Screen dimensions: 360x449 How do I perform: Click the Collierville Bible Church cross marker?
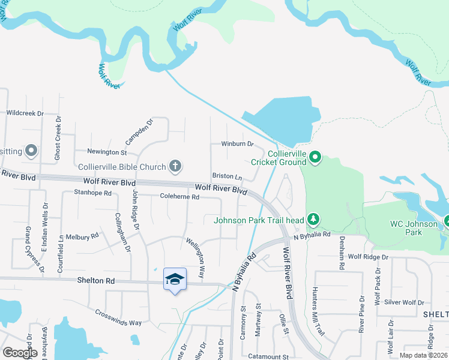(x=175, y=166)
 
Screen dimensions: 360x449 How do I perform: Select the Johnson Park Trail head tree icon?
(x=312, y=220)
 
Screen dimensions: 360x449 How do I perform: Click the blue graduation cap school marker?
(x=175, y=280)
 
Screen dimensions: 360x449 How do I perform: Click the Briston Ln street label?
(x=227, y=177)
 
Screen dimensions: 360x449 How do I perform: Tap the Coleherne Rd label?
(x=179, y=196)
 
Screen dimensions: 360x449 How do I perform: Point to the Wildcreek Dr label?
(x=25, y=113)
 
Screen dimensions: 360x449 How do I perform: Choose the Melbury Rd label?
(x=82, y=237)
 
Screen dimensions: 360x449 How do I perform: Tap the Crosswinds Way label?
(x=119, y=318)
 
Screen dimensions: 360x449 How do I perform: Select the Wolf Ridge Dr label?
(x=368, y=257)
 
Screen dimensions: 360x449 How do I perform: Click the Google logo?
(x=20, y=352)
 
